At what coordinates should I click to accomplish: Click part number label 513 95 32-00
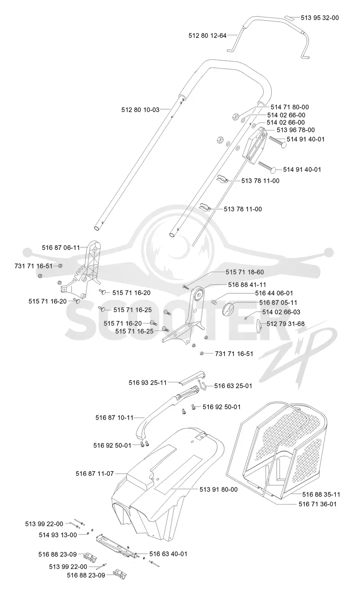point(319,18)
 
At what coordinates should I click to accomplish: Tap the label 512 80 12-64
point(207,36)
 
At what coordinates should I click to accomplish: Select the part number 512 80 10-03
point(140,109)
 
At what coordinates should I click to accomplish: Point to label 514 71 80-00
point(289,107)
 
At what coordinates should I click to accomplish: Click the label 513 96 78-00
point(296,130)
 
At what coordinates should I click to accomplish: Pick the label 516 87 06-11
point(61,247)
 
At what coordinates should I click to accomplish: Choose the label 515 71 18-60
point(245,272)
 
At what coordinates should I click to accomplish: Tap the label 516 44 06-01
point(274,293)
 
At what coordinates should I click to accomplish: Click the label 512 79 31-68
point(286,323)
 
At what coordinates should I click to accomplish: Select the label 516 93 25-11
point(148,382)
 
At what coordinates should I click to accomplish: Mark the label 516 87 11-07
point(94,473)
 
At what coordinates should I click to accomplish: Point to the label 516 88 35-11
point(321,494)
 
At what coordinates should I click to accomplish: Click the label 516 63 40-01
point(168,554)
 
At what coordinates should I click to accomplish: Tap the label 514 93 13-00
point(58,535)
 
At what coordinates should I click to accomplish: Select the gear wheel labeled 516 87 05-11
point(227,309)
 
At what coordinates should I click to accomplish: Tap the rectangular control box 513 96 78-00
point(255,146)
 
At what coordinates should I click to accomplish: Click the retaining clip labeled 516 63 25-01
point(202,385)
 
